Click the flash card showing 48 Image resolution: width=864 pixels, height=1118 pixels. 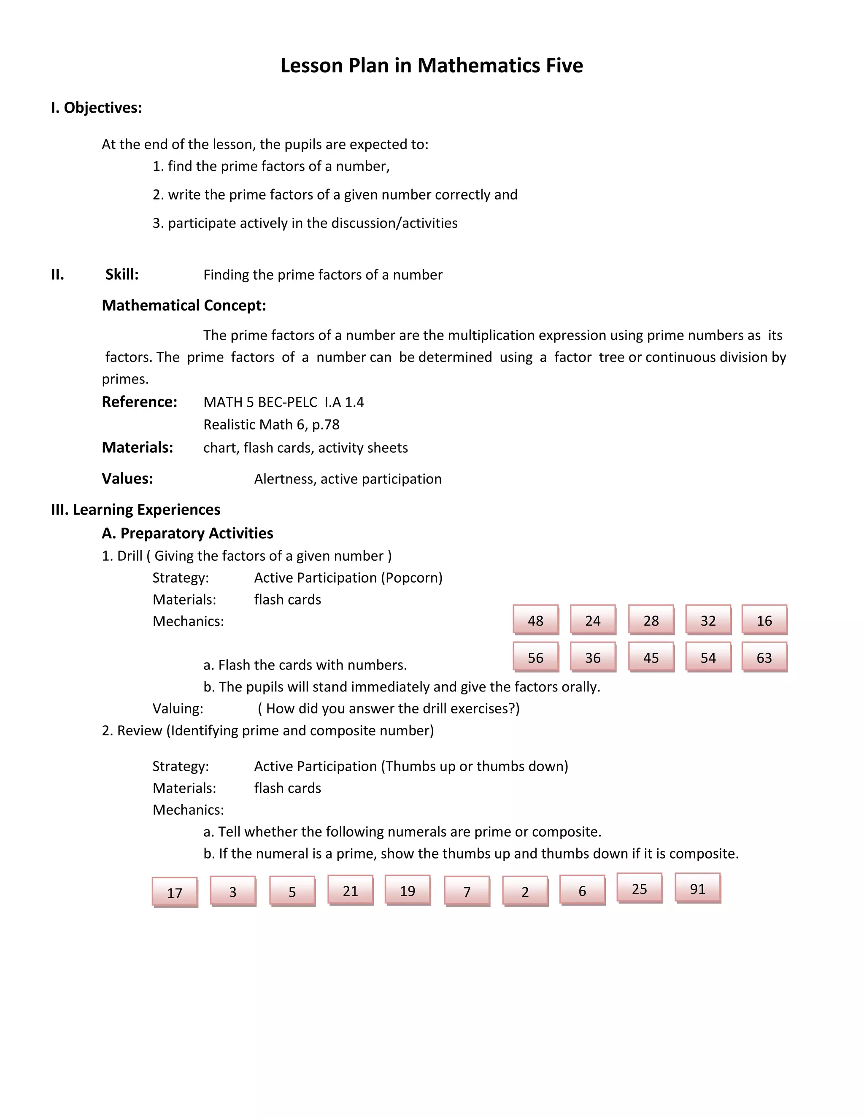tap(535, 620)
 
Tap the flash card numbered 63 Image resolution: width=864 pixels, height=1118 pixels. tap(764, 657)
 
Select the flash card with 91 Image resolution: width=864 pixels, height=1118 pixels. tap(697, 888)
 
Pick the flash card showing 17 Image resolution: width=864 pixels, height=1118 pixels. tap(175, 893)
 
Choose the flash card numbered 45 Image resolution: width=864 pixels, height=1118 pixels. tap(651, 657)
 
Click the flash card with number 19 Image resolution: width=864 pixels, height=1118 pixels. tap(408, 891)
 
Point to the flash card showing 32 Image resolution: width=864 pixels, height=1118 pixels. tap(708, 620)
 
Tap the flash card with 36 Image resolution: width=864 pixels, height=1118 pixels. tap(593, 657)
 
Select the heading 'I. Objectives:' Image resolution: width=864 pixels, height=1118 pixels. tap(96, 108)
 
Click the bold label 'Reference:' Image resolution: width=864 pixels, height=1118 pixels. tap(139, 402)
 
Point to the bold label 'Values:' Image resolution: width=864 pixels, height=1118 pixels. tap(127, 479)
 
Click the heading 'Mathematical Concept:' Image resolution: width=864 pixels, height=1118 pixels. tap(184, 305)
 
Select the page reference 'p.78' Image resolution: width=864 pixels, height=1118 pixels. tap(326, 424)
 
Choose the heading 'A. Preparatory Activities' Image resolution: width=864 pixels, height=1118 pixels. tap(187, 533)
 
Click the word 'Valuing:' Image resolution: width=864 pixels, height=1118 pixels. tap(178, 708)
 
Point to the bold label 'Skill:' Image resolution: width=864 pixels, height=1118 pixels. tap(122, 274)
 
